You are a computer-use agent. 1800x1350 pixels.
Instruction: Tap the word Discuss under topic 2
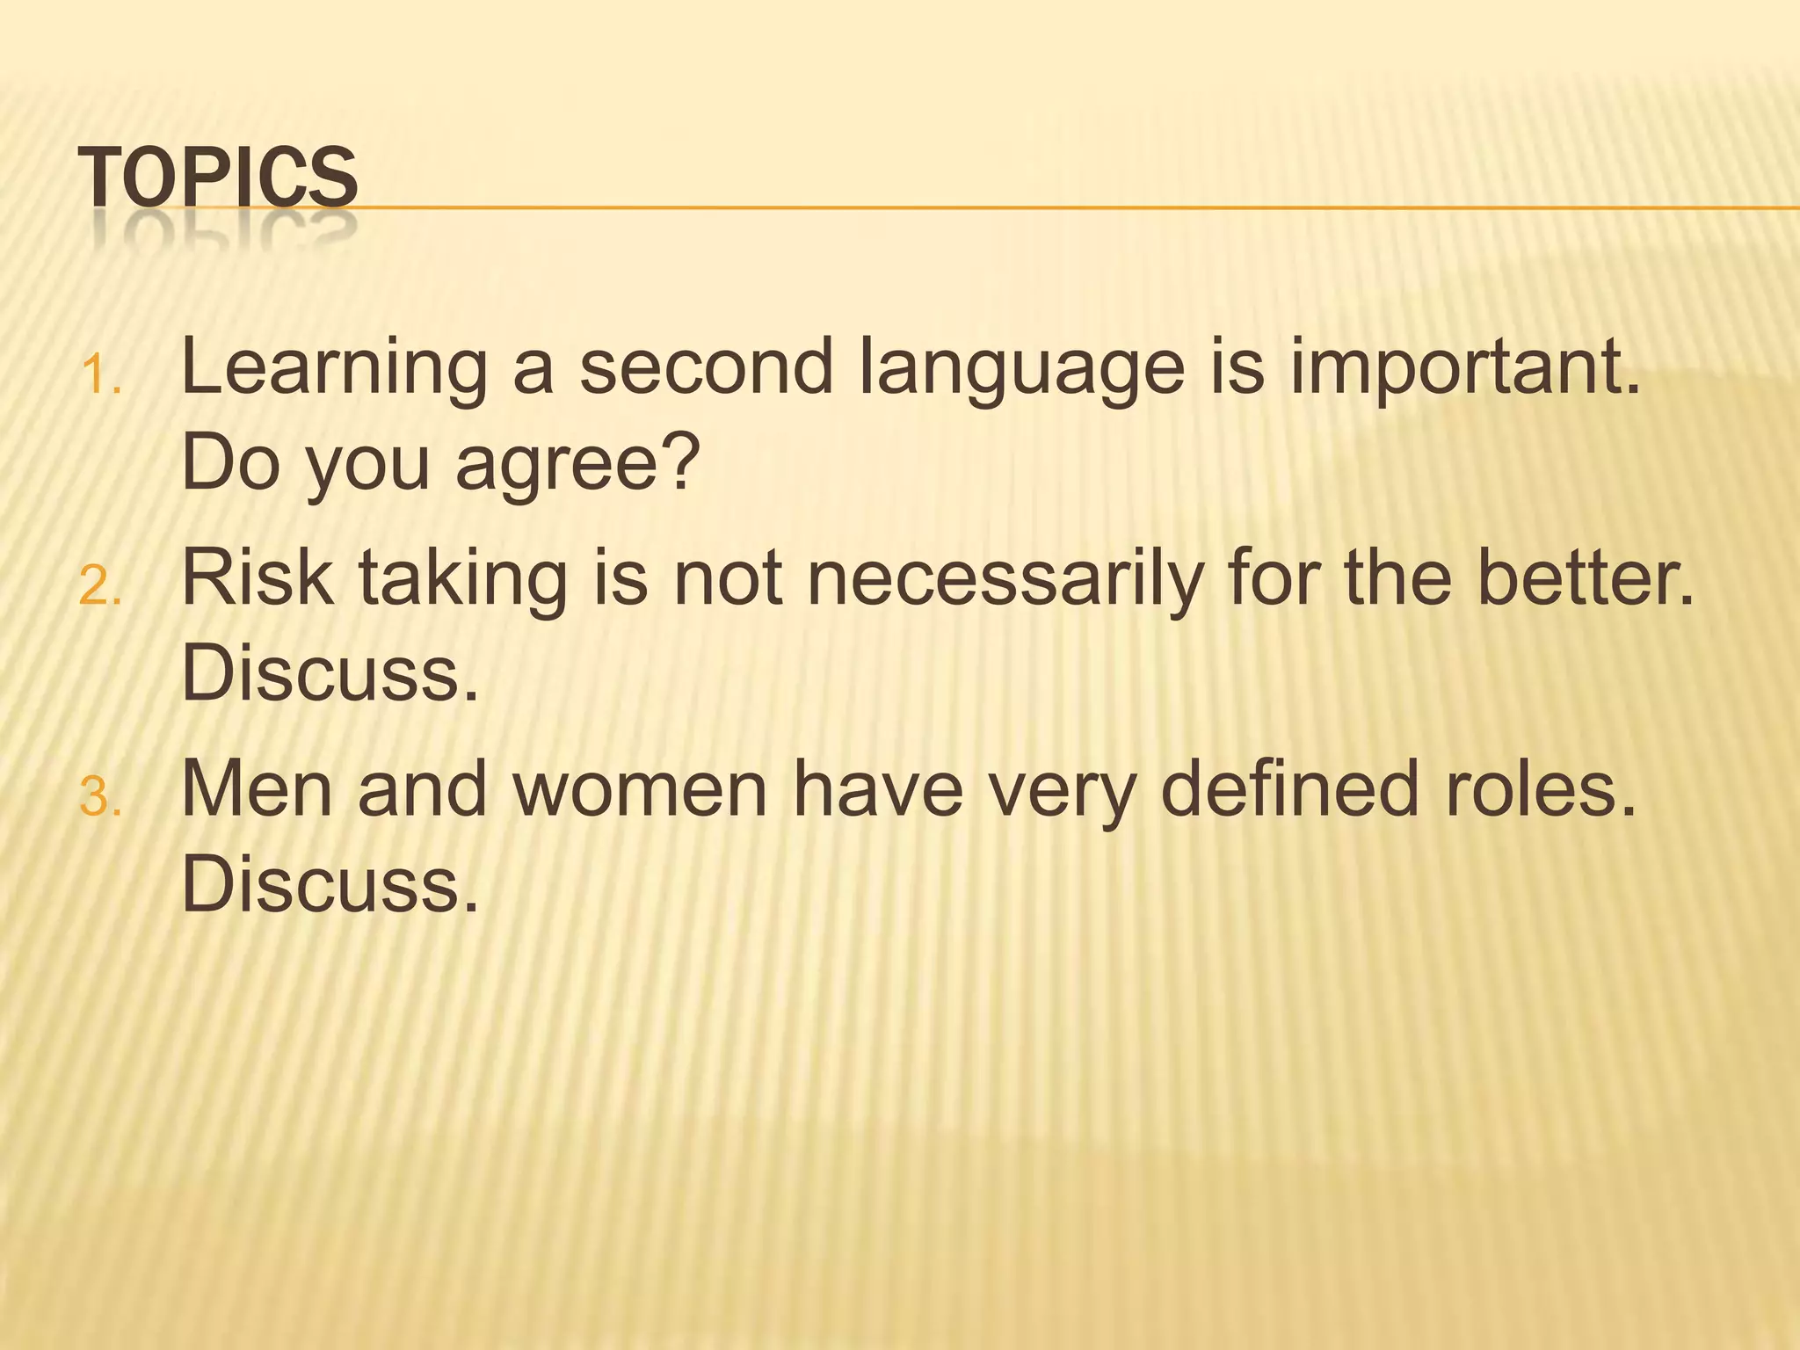pyautogui.click(x=330, y=674)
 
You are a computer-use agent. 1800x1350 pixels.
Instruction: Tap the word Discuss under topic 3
pyautogui.click(x=330, y=885)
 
